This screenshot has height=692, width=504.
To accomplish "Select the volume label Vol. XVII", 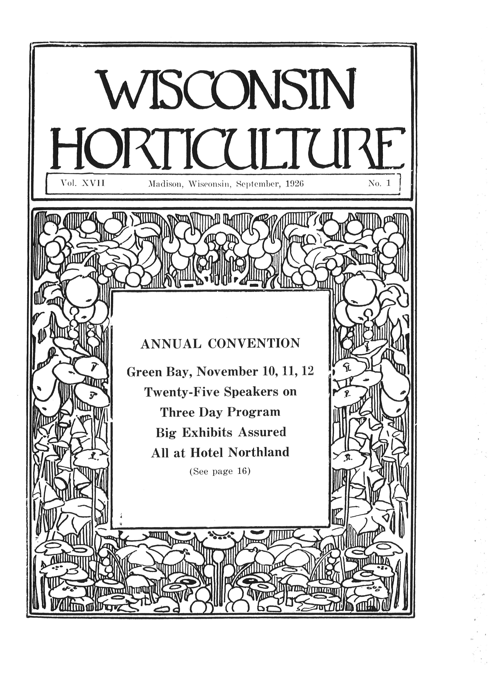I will coord(82,183).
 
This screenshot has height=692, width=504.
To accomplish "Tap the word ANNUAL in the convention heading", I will coord(171,344).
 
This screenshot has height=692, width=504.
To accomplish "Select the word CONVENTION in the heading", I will coord(254,344).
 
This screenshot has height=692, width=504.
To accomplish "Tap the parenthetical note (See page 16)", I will coord(220,472).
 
